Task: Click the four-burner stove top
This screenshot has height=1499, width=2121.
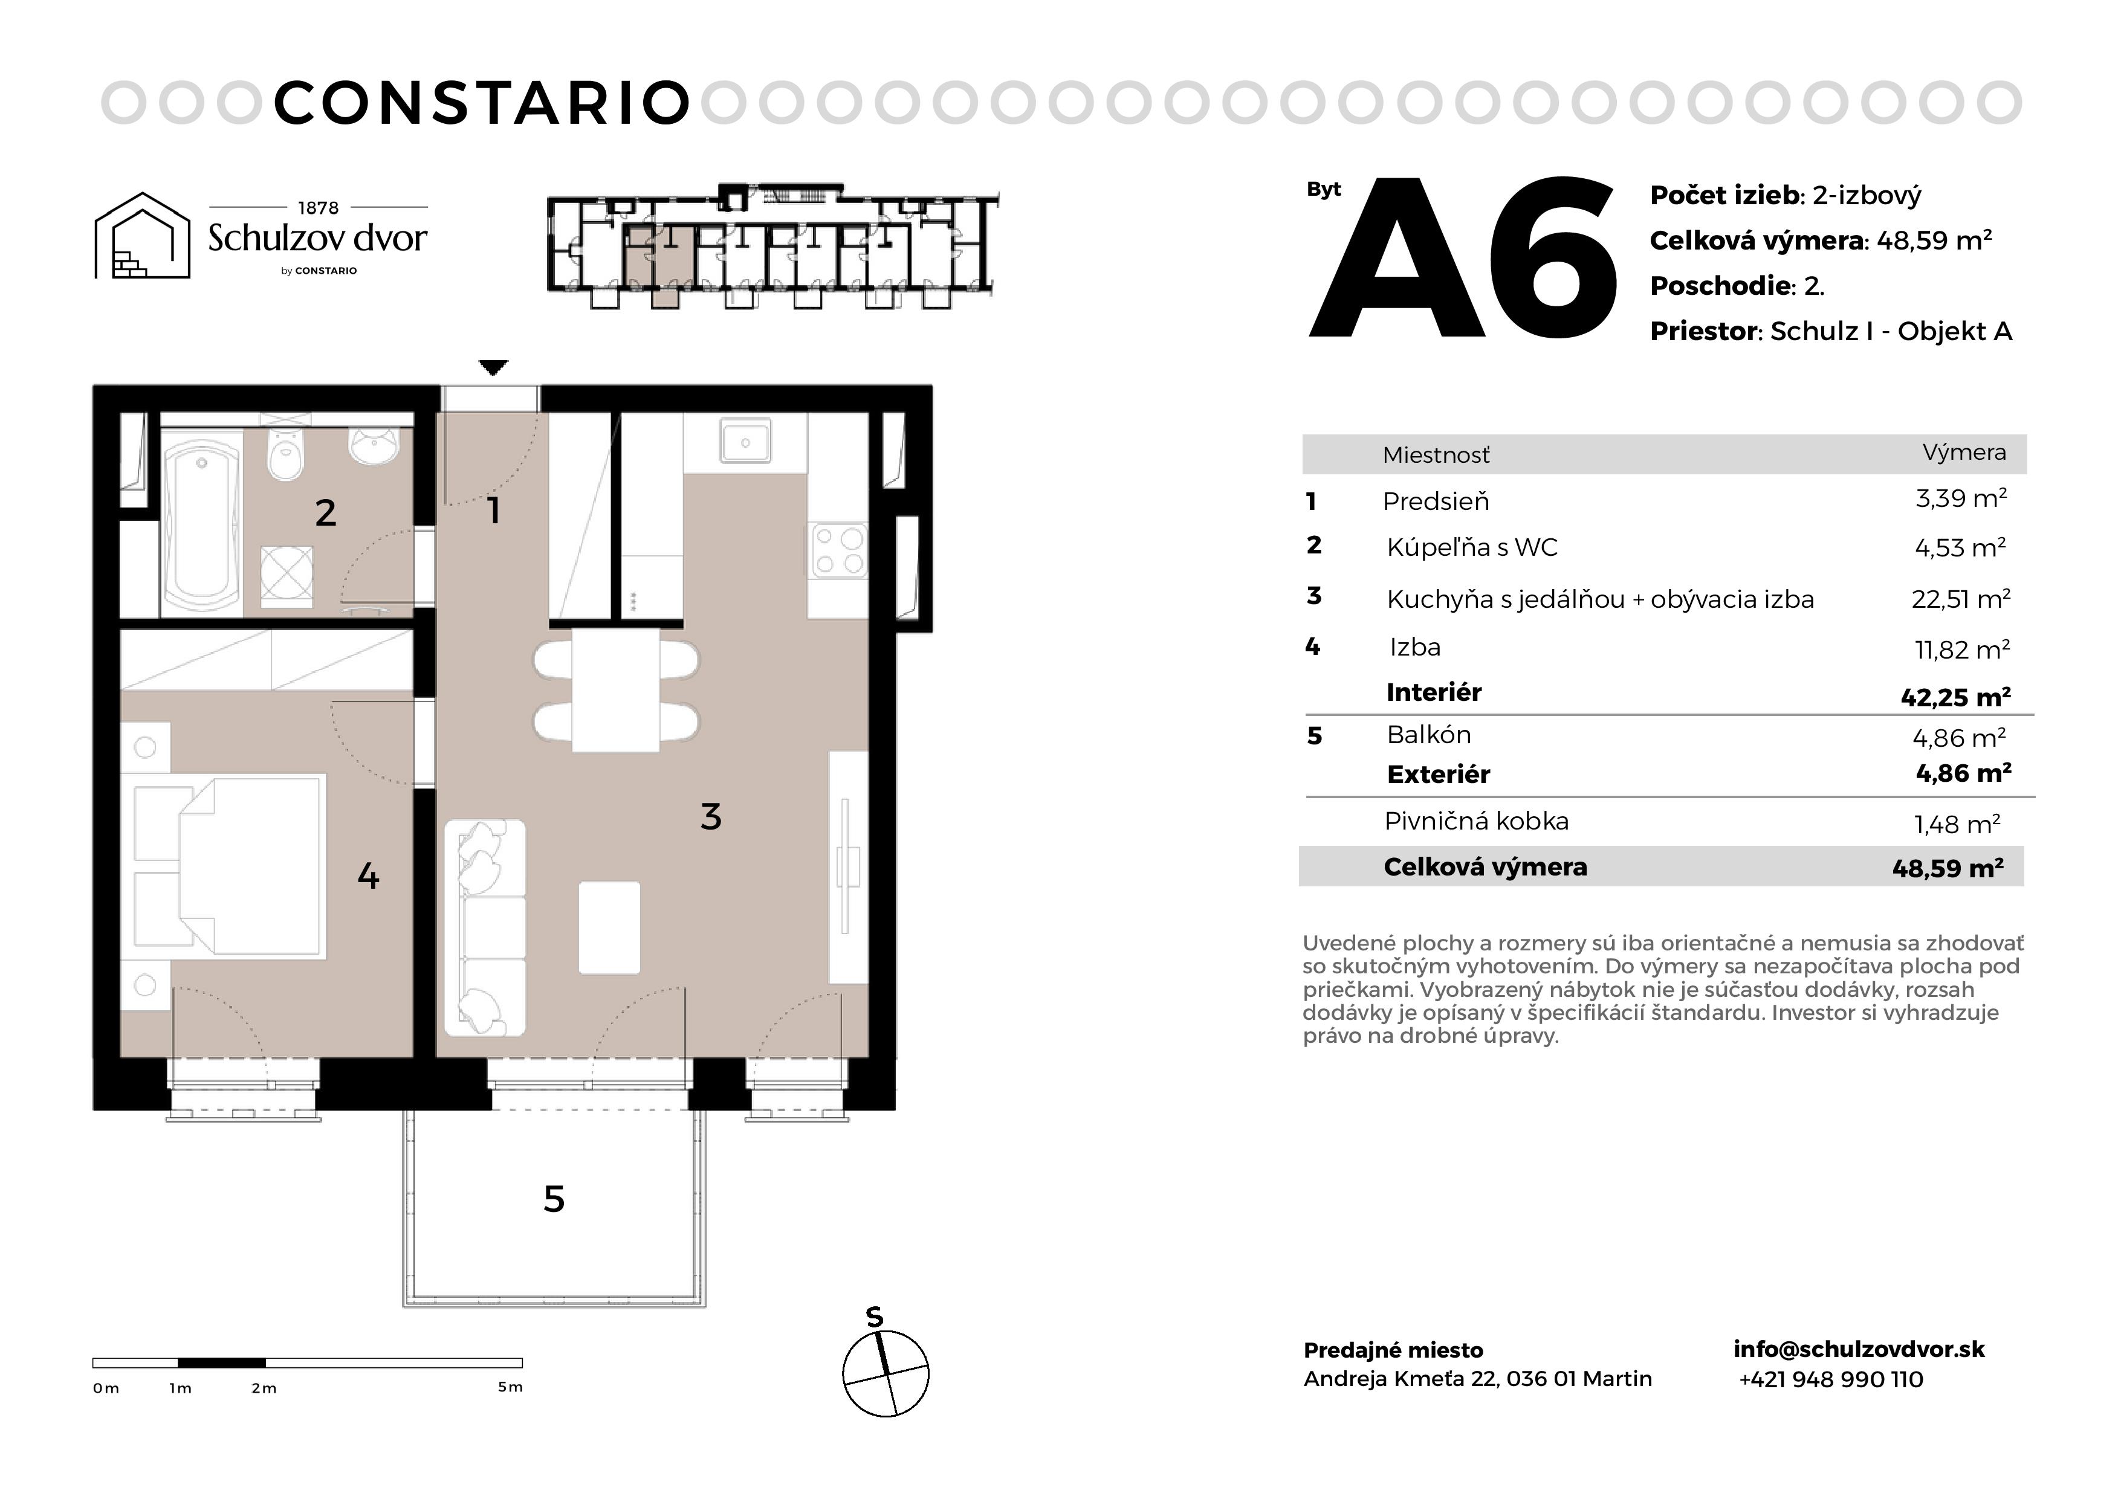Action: tap(838, 550)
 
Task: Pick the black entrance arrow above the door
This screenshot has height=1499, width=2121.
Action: tap(494, 367)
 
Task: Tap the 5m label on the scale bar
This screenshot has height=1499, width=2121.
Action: tap(510, 1387)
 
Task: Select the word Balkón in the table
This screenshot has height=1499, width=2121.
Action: tap(1428, 735)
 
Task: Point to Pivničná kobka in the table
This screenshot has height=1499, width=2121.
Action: tap(1476, 821)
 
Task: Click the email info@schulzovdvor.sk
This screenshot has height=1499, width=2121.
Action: tap(1859, 1349)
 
